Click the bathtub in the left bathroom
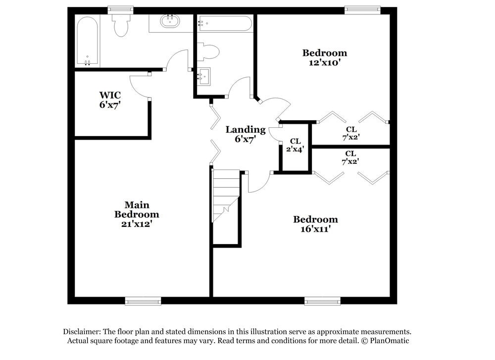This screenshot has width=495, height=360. point(87,42)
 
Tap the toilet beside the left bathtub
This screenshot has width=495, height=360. point(120,25)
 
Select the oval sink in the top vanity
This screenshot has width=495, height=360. point(170,21)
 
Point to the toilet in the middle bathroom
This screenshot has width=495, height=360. point(209,51)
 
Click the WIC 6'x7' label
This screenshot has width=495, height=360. point(110,100)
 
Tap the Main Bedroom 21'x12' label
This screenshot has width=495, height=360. point(137,214)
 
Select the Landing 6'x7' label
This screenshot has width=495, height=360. point(246,135)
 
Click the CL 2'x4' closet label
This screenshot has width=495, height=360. point(295,145)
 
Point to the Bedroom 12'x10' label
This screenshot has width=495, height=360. point(325,57)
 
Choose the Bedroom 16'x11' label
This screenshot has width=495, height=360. point(315,224)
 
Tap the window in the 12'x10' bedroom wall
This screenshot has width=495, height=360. point(362,9)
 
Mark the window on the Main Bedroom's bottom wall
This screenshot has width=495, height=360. point(143,301)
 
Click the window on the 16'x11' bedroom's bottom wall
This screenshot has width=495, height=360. point(322,301)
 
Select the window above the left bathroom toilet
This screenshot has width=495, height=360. point(120,9)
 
